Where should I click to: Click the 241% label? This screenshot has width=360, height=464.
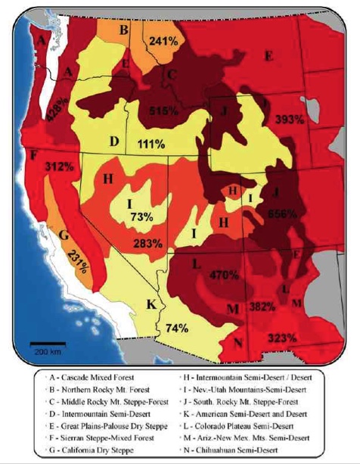(x=164, y=41)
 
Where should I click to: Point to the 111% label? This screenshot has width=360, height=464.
(x=152, y=144)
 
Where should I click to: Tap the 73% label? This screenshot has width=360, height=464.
(x=141, y=216)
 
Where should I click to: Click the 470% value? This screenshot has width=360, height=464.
(x=224, y=275)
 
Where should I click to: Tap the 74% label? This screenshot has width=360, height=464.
(x=175, y=328)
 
